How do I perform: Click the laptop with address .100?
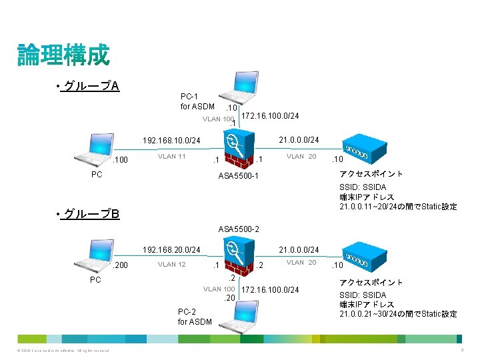point(92,151)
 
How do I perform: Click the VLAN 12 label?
point(171,265)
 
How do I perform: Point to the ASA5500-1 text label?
point(238,177)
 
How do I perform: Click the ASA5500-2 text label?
point(238,229)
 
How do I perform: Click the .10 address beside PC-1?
point(233,108)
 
